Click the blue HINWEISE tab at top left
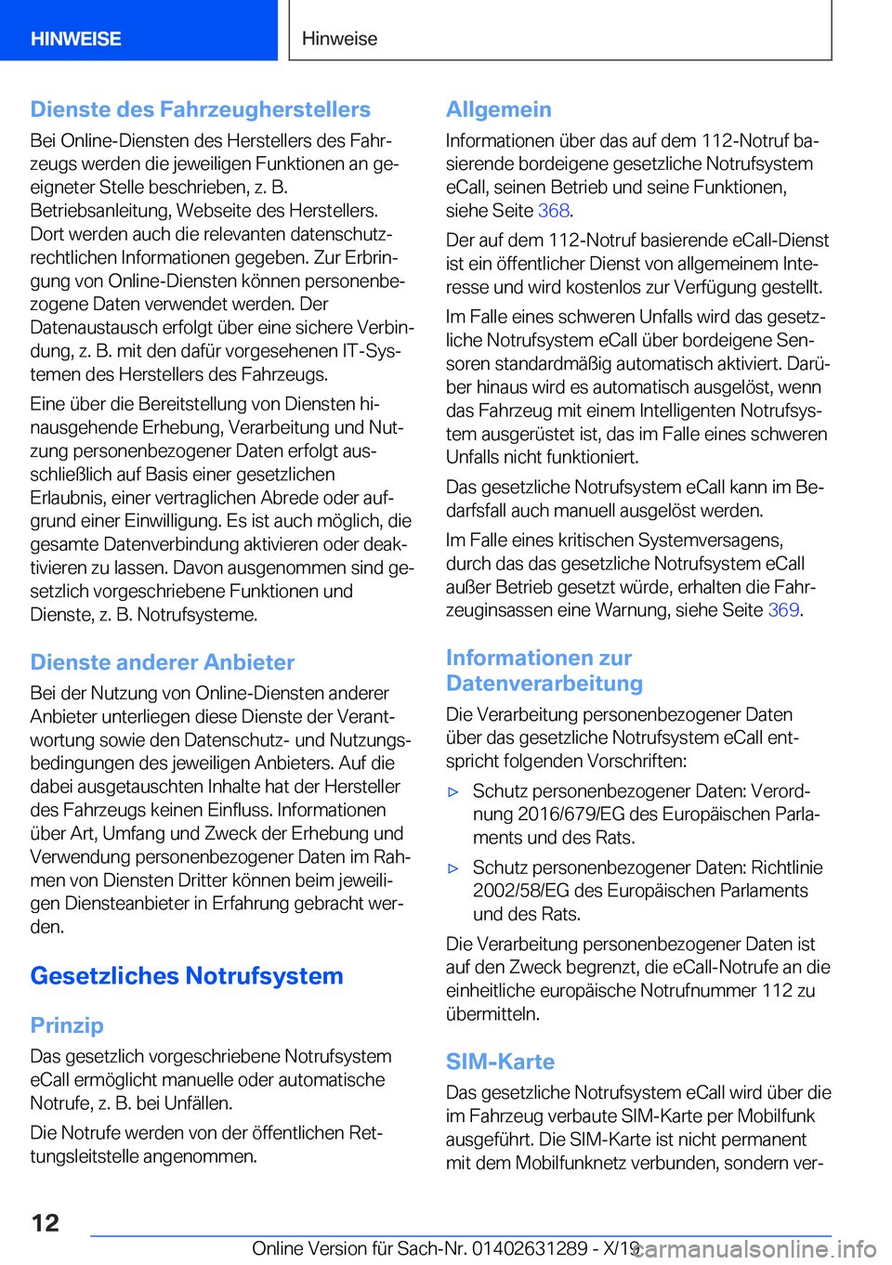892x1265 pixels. [76, 39]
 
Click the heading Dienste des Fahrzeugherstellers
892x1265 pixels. [200, 110]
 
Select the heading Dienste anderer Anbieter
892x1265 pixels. [162, 662]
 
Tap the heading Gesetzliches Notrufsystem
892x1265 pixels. [186, 976]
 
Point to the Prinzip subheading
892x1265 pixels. [66, 1025]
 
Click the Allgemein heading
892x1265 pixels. [498, 110]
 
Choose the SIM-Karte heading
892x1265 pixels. [500, 1062]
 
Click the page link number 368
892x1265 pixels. [553, 211]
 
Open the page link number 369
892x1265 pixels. [783, 610]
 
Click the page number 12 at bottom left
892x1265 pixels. [45, 1222]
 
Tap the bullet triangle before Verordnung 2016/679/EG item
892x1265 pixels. [453, 792]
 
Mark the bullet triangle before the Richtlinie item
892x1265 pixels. [453, 868]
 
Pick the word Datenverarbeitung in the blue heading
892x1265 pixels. [544, 684]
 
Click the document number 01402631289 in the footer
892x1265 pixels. [529, 1248]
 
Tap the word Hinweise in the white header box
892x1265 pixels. [339, 39]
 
